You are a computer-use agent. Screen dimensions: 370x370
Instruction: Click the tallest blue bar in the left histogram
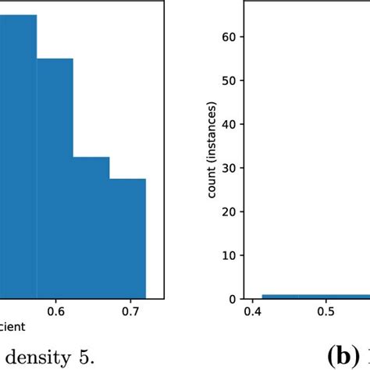click(17, 156)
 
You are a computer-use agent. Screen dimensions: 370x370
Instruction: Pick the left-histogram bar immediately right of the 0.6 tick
click(91, 226)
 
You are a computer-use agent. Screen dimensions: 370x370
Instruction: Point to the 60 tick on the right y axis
click(230, 37)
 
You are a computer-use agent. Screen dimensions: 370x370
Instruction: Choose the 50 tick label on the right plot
click(230, 80)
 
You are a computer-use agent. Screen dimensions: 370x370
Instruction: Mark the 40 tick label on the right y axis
click(230, 124)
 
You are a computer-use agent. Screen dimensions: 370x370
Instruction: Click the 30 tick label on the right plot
click(230, 168)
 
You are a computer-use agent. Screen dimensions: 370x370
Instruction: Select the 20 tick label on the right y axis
click(230, 212)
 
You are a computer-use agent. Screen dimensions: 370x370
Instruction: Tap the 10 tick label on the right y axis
click(230, 255)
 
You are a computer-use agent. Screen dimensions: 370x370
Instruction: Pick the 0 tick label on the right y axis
click(233, 299)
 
